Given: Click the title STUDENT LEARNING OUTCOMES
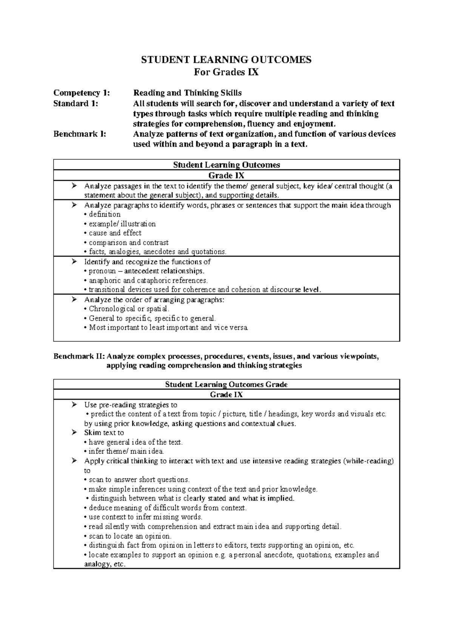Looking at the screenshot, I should [x=226, y=60].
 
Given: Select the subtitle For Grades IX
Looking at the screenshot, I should [x=226, y=72].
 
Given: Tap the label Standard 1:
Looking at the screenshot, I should [x=76, y=103].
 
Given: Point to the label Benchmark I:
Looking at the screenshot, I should [x=80, y=134].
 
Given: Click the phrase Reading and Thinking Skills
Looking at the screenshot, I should [x=188, y=93].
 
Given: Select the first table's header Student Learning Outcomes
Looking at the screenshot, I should [x=226, y=165].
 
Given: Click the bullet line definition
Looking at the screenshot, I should [x=104, y=214].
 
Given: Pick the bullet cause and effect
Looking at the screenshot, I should [x=114, y=233].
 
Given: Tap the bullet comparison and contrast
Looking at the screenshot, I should [x=128, y=242].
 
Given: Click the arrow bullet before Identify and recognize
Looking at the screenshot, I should [x=74, y=261].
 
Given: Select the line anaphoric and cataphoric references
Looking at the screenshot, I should [x=147, y=281].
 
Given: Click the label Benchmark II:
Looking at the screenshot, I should [x=79, y=356].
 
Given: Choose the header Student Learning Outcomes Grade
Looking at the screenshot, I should [x=226, y=385].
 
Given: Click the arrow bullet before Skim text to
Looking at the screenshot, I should [x=74, y=432].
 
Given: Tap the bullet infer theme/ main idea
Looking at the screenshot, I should [x=126, y=451].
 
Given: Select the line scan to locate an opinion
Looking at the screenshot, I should [x=129, y=536].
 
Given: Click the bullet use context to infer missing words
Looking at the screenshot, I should [x=145, y=517].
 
